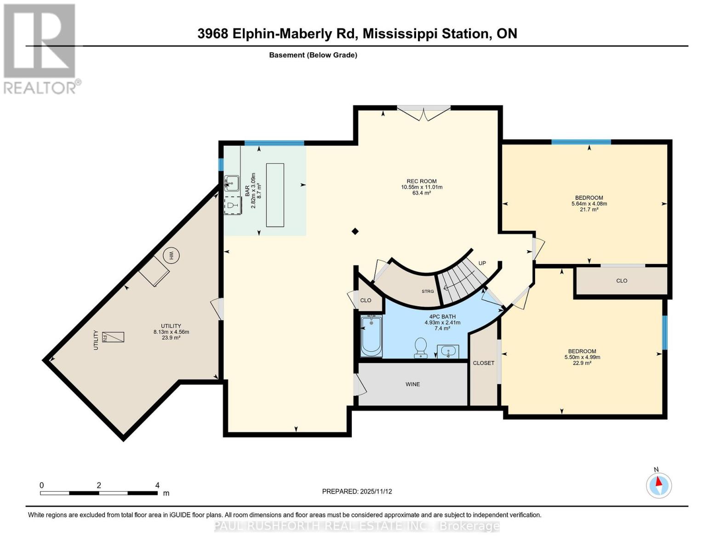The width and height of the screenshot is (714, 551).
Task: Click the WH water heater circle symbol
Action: pos(171,256)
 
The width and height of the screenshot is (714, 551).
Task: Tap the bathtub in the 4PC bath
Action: pos(371,336)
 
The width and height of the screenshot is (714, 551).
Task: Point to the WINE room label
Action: pos(412,384)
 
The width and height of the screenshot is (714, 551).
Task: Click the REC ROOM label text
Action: pos(422,181)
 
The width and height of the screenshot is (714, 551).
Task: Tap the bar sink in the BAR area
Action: pos(232,183)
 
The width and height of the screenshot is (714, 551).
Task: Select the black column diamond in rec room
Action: pos(355,231)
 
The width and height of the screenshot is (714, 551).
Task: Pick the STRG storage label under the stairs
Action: pos(428,291)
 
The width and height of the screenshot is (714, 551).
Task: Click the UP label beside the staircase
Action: pos(482,263)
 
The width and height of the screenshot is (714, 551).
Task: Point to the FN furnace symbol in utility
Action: pos(113,337)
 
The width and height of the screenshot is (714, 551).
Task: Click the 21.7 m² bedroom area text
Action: pos(589,210)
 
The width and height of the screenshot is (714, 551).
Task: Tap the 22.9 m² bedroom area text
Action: pos(582,363)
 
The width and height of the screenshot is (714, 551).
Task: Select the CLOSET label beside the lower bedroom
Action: pos(484,363)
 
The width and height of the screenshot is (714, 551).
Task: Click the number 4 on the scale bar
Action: pos(157,485)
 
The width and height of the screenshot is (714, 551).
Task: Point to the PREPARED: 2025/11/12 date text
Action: pos(357,491)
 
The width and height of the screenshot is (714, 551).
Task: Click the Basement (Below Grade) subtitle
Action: pos(313,55)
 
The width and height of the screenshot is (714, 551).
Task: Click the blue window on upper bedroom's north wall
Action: pos(581,142)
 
